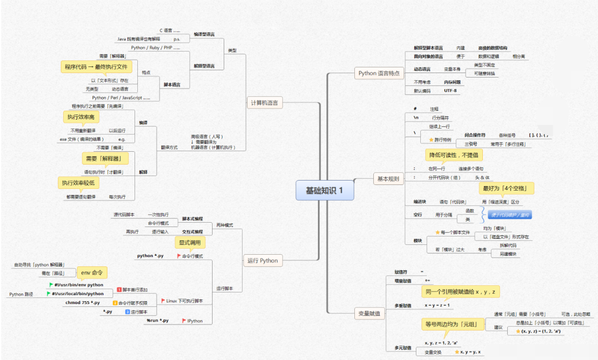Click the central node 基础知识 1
click(324, 191)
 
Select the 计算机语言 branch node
click(265, 102)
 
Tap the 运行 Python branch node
click(263, 261)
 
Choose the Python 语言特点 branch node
click(379, 73)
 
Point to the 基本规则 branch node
click(388, 179)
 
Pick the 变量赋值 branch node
click(369, 314)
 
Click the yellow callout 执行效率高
click(81, 117)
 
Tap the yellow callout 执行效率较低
click(78, 183)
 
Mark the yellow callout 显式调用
click(190, 242)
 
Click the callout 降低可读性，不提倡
click(453, 155)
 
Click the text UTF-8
click(450, 90)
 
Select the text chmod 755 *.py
click(83, 302)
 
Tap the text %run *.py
click(157, 321)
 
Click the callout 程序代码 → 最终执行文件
click(96, 67)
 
